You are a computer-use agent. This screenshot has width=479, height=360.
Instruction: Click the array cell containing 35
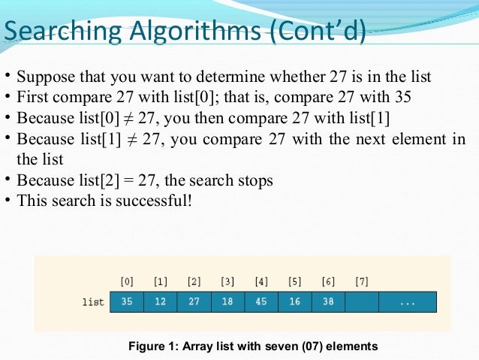point(127,302)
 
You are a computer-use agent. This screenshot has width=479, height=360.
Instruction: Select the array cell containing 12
point(161,302)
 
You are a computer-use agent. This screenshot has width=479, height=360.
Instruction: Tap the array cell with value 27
point(194,302)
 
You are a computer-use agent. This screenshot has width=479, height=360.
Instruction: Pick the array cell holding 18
point(227,302)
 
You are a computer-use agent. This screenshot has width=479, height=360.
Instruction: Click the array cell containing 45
point(261,302)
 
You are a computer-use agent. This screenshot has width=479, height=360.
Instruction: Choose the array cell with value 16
point(294,302)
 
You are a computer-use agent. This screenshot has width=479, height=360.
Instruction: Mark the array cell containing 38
point(328,302)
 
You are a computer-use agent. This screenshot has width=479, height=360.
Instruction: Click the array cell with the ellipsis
point(407,302)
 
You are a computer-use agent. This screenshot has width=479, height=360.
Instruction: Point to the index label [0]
point(127,282)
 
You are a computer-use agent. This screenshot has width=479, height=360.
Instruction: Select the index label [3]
point(227,282)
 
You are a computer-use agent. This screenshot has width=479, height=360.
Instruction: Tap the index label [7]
point(361,282)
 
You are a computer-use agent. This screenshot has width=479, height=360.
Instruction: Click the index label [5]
point(294,282)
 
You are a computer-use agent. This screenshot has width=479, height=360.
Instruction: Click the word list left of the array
point(93,302)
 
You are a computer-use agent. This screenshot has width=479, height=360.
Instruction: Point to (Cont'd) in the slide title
point(315,32)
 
